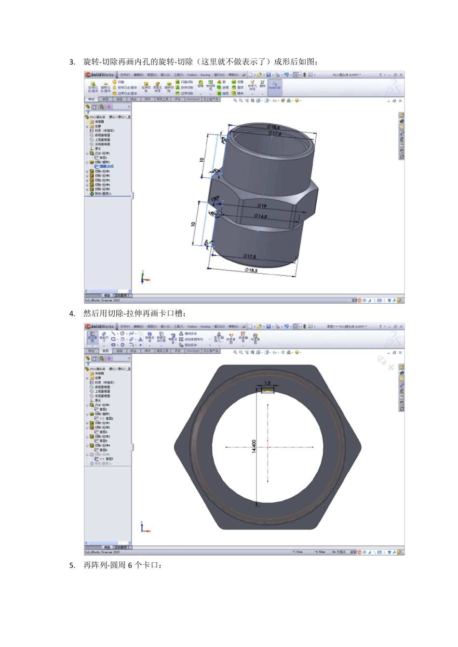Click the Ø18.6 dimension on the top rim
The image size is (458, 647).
[x=273, y=127]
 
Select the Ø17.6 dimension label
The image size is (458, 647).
[x=275, y=133]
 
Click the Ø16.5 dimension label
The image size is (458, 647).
[x=261, y=216]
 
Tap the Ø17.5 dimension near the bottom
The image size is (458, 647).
[x=250, y=256]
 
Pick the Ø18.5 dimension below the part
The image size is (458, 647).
[x=251, y=270]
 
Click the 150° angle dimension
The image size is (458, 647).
[x=215, y=198]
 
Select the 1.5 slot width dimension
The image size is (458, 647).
[x=268, y=383]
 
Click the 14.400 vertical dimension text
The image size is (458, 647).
[x=254, y=446]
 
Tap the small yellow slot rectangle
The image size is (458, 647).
[x=268, y=390]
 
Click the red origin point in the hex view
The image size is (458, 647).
[x=268, y=447]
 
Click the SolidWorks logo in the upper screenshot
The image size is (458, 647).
[x=100, y=75]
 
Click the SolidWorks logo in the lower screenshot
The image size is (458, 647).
[x=100, y=326]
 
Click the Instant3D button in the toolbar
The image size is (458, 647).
[x=274, y=86]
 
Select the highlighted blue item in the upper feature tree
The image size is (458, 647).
[x=106, y=167]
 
